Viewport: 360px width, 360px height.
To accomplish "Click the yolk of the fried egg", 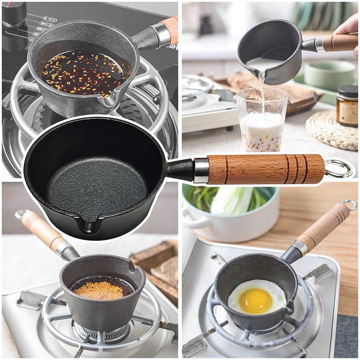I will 255,301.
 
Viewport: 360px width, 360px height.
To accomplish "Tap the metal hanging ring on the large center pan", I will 339,169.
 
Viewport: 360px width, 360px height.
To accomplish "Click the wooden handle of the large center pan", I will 265,169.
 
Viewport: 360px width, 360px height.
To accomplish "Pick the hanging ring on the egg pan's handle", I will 350,205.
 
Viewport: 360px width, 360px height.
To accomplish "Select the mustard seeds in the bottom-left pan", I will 99,290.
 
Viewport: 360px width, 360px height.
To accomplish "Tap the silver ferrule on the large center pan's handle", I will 201,170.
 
